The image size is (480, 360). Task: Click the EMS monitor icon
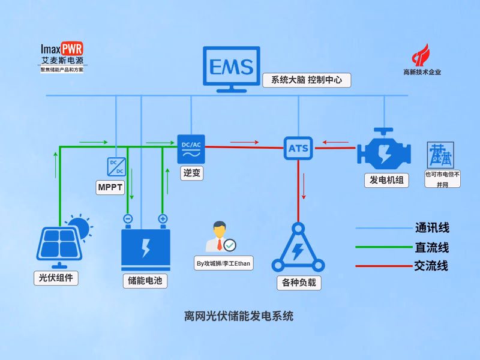[x=231, y=67]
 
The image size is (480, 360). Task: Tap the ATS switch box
[x=298, y=148]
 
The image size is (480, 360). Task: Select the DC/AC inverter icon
[x=191, y=148]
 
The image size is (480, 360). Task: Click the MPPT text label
[x=110, y=188]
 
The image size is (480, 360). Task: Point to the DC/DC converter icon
[x=115, y=166]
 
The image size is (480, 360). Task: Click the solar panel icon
[x=58, y=245]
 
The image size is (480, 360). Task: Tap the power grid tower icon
[x=441, y=155]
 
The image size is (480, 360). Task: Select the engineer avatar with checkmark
[x=219, y=238]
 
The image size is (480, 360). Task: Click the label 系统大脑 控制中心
[x=306, y=80]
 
